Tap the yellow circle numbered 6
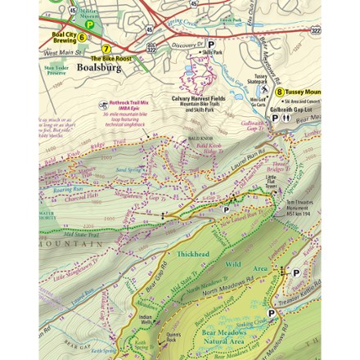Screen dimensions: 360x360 click(x=82, y=37)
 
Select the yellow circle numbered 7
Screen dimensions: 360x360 click(x=106, y=49)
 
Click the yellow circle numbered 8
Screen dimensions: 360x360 click(x=280, y=92)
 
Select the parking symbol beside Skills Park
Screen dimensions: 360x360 click(x=210, y=46)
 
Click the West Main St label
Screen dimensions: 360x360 click(x=57, y=53)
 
